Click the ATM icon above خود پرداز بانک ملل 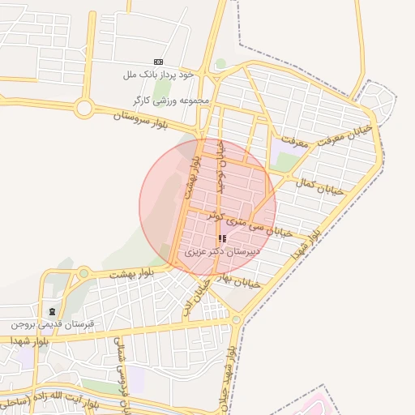(157, 62)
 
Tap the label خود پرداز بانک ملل (159, 75)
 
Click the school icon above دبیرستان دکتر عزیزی (222, 239)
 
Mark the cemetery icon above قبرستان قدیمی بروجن (53, 311)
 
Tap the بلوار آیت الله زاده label (49, 399)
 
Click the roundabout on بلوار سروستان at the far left (83, 107)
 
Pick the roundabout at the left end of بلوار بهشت (83, 273)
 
